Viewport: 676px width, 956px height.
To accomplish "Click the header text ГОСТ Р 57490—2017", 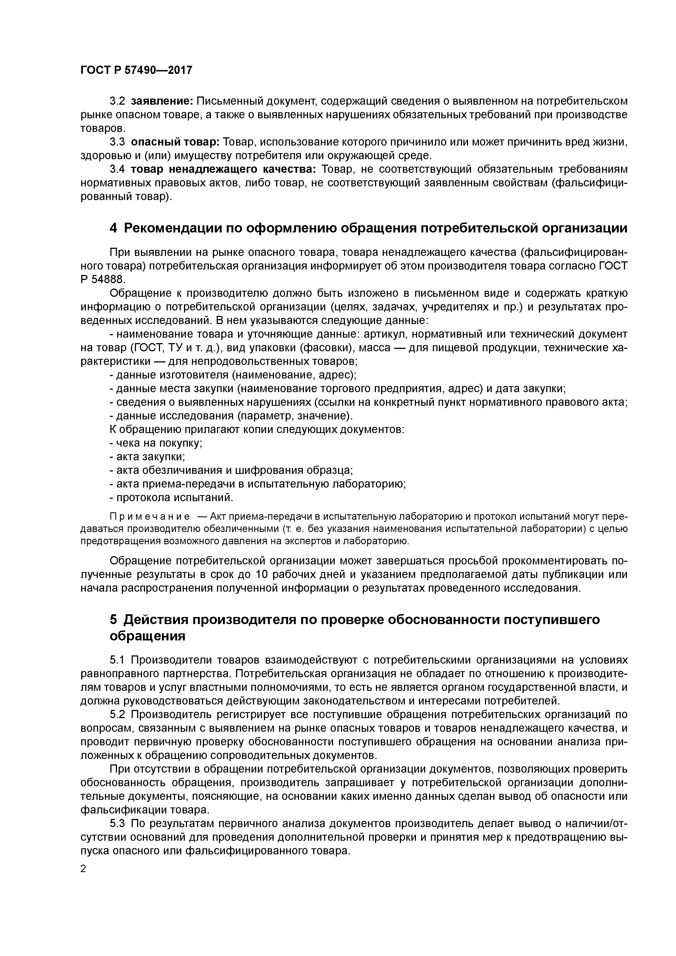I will click(136, 70).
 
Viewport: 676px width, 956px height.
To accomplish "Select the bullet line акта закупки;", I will click(147, 457).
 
